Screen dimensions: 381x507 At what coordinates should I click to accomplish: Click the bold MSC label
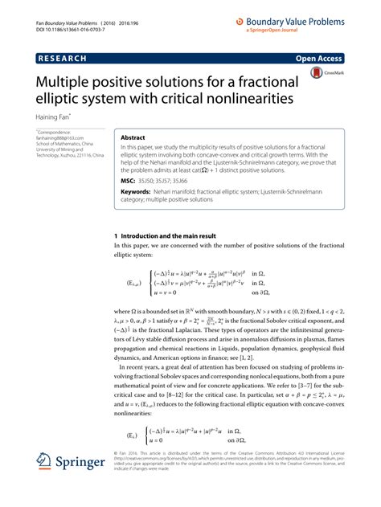click(x=129, y=182)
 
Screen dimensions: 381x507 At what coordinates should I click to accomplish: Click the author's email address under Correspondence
click(x=63, y=137)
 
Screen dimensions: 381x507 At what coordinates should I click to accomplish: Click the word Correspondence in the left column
click(x=58, y=131)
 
